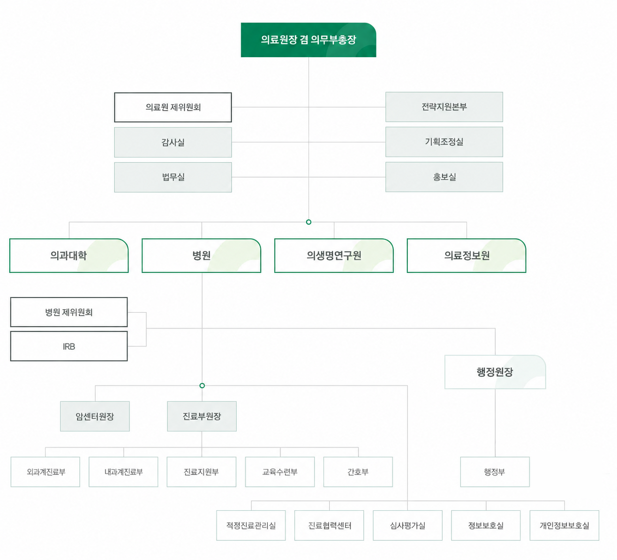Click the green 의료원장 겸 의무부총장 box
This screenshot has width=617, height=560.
pos(308,40)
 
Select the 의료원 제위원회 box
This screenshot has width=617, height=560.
pos(173,107)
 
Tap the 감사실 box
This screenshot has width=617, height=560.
pos(173,142)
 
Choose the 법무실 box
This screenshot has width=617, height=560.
pos(173,177)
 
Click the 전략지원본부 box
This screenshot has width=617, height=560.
pos(444,107)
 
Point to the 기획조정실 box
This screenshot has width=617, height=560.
pos(444,142)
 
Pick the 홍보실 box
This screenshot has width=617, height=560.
pos(444,177)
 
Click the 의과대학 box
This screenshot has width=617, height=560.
pos(69,255)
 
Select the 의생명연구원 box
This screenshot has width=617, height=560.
pos(334,255)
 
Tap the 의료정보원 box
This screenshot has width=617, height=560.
pos(467,255)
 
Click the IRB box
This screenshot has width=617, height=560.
pos(69,346)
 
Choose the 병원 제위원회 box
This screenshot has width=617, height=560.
pos(69,312)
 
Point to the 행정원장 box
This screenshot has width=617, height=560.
pos(495,372)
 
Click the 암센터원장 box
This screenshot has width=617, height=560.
pos(95,417)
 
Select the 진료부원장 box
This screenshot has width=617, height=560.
pos(202,417)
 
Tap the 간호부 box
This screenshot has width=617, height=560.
pos(358,472)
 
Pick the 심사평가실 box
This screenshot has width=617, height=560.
pos(407,526)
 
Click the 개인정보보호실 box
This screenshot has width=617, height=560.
pos(564,526)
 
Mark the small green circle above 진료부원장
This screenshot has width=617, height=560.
pos(202,386)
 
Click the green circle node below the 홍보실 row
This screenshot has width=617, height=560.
pos(309,222)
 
